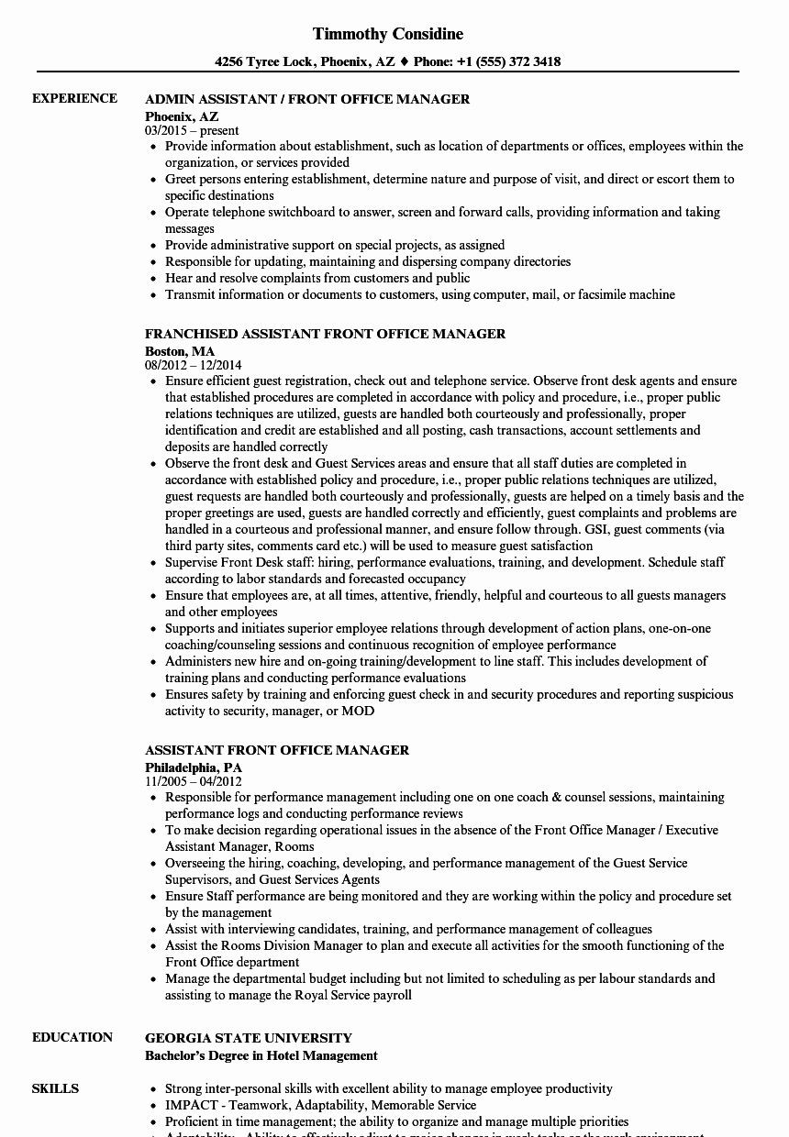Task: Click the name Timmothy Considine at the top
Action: click(387, 34)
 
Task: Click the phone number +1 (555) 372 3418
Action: click(509, 62)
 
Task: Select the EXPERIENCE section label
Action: click(74, 98)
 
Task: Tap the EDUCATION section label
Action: click(72, 1037)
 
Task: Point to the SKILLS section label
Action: click(55, 1088)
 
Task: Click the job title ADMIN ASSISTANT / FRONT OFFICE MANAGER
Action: click(307, 99)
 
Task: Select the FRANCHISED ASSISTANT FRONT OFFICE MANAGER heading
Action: click(325, 334)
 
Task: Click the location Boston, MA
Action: click(180, 350)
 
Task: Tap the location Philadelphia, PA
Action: click(194, 767)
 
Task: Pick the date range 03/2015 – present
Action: click(192, 130)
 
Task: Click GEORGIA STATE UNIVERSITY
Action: click(249, 1038)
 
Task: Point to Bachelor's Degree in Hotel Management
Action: click(261, 1055)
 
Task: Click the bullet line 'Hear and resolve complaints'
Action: click(317, 278)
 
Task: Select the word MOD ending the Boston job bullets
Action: click(358, 711)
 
